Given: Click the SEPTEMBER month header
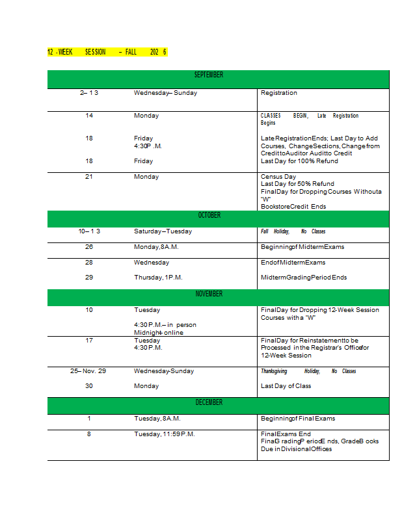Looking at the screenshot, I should tap(209, 75).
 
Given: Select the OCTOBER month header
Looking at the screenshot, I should tap(209, 215).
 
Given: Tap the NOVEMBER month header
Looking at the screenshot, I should tap(209, 294).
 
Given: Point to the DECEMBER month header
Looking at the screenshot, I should tap(209, 403).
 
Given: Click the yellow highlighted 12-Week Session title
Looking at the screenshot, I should tap(107, 52).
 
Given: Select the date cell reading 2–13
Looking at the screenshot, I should tap(89, 93).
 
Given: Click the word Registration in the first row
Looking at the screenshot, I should tap(278, 93).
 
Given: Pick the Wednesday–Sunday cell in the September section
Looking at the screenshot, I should tap(165, 93).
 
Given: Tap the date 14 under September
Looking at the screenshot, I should tap(89, 116).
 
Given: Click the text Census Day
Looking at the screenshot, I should tap(278, 177).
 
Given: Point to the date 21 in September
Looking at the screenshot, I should tap(89, 177).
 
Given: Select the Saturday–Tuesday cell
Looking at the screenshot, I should tap(163, 231).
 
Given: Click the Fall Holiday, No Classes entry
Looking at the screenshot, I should tap(293, 231).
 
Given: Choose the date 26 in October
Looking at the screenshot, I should tap(89, 247).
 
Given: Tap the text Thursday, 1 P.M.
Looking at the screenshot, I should tap(158, 278).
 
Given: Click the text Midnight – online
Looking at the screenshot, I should tap(159, 333).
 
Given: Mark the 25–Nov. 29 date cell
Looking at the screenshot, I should tap(88, 371).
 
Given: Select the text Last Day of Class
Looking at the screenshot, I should tap(286, 386).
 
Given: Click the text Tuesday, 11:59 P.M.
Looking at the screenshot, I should tap(165, 434).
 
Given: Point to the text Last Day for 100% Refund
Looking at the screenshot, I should tap(299, 161).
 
